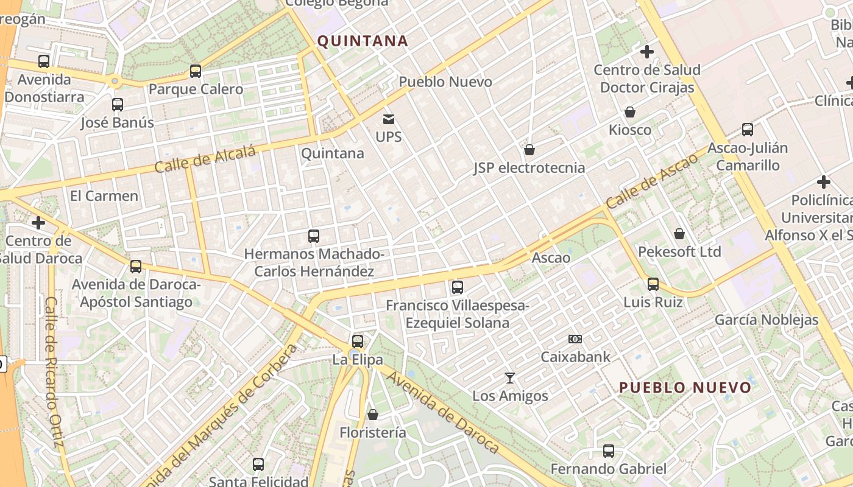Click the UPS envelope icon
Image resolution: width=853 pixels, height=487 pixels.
389,119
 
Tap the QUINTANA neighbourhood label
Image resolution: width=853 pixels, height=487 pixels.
363,41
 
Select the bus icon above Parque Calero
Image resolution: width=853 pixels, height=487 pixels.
196,71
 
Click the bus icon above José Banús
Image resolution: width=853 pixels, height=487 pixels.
118,105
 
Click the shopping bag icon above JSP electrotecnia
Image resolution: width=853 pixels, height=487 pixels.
529,150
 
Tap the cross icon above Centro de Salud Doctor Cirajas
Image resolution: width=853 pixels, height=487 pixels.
647,52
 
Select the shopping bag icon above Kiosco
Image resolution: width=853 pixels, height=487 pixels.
630,112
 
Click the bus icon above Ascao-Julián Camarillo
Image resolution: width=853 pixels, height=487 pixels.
748,130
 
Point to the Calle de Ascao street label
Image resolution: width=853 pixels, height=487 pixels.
653,181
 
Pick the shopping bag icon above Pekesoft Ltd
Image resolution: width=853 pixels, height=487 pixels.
679,234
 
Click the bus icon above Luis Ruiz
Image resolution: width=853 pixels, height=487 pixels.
653,284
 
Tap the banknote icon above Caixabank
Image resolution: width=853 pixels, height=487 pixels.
575,339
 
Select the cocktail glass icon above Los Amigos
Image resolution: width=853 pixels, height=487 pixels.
510,379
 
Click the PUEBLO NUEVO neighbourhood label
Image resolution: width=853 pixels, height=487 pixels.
685,387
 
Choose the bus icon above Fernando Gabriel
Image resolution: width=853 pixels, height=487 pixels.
609,451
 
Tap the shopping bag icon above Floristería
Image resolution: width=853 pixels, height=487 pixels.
373,415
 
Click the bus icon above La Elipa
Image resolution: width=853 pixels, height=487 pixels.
358,342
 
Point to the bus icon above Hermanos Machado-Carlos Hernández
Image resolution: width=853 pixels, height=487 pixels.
314,236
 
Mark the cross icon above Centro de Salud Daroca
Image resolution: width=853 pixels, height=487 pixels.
38,223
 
